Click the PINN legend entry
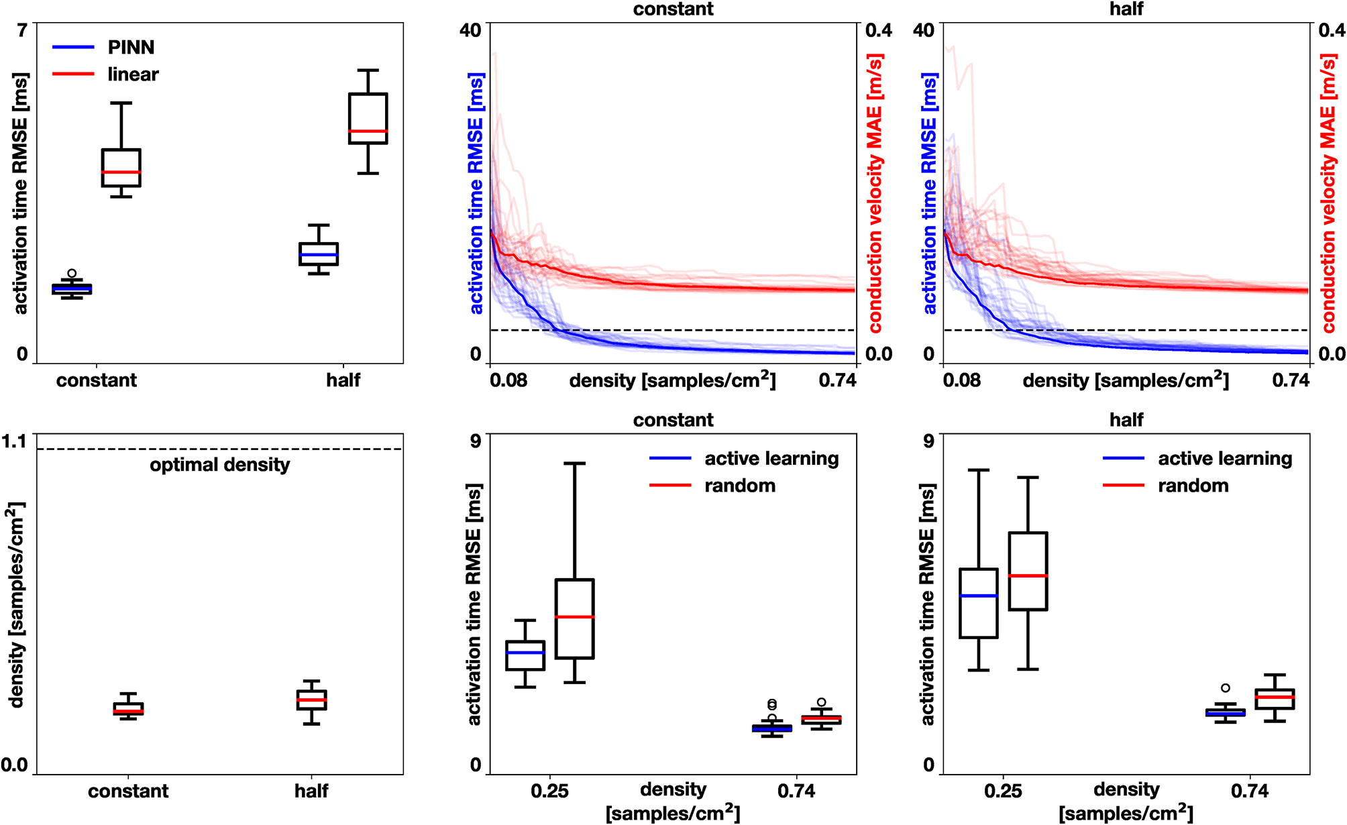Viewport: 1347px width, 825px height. [131, 48]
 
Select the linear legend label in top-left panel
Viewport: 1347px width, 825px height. [133, 74]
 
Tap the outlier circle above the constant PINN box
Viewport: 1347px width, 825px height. [72, 273]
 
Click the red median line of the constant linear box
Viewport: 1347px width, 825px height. [121, 172]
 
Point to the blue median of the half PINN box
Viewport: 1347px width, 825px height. [319, 255]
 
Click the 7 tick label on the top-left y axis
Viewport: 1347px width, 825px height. [23, 30]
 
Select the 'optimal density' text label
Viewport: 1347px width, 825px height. [219, 465]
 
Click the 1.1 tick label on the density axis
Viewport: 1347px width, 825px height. [14, 441]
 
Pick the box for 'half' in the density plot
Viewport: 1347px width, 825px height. [311, 700]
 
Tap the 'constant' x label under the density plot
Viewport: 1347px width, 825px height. [128, 791]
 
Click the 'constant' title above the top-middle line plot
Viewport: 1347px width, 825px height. [673, 9]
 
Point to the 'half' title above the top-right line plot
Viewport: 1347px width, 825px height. [1126, 9]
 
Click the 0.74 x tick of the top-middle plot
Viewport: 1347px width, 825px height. [837, 380]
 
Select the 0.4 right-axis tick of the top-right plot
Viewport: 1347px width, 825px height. [1332, 30]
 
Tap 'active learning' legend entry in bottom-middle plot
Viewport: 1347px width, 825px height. [771, 459]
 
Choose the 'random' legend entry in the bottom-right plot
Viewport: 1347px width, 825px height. [1193, 486]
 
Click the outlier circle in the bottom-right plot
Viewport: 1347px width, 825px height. [1226, 687]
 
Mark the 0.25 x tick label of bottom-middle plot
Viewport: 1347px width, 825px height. [549, 791]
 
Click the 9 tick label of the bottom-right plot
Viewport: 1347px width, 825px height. [929, 441]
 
